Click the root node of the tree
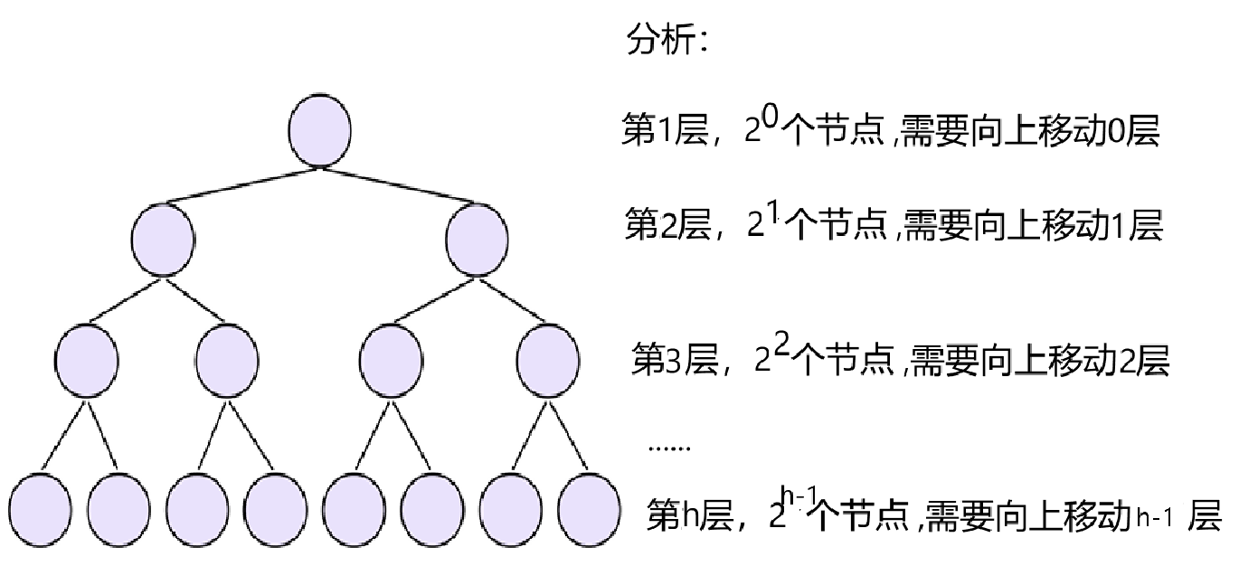point(319,130)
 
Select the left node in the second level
point(163,239)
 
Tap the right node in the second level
point(478,239)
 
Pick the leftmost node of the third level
point(86,359)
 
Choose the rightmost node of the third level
point(549,359)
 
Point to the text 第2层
point(658,223)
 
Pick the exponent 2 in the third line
point(781,344)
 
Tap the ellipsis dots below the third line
point(670,448)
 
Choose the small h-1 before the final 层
point(1157,518)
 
